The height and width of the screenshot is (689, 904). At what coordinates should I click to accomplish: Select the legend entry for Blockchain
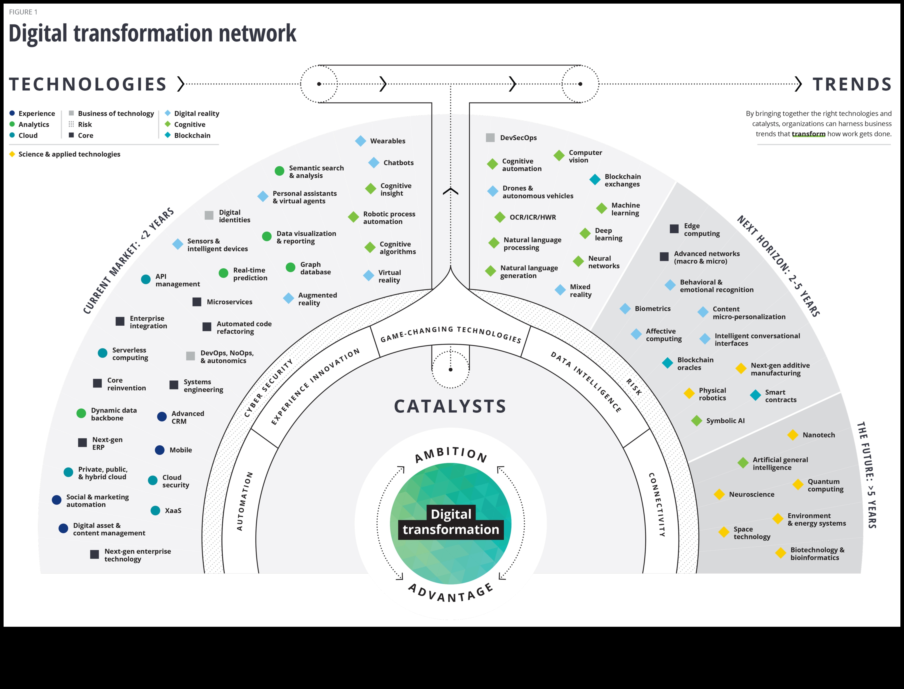(x=192, y=135)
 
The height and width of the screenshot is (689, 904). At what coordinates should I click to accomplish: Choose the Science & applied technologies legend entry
(x=69, y=154)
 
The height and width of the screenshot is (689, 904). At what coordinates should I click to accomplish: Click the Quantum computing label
(x=825, y=485)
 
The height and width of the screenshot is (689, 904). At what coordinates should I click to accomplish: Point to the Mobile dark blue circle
(x=160, y=450)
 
